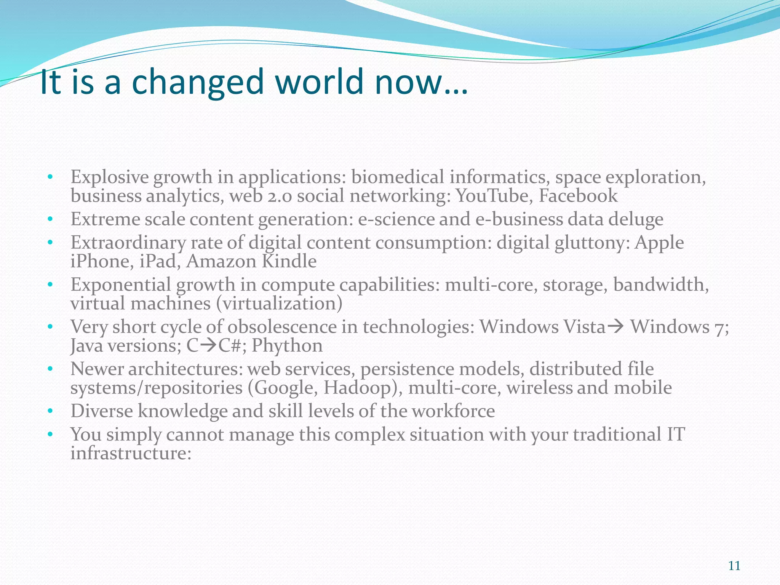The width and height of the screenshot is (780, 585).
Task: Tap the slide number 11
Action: (734, 566)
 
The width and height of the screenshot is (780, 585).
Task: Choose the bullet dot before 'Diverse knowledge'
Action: (50, 411)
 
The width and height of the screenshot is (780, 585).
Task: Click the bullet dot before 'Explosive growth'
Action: (50, 177)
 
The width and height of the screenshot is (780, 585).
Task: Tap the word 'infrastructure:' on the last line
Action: (131, 454)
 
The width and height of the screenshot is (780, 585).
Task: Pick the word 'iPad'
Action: (159, 262)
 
